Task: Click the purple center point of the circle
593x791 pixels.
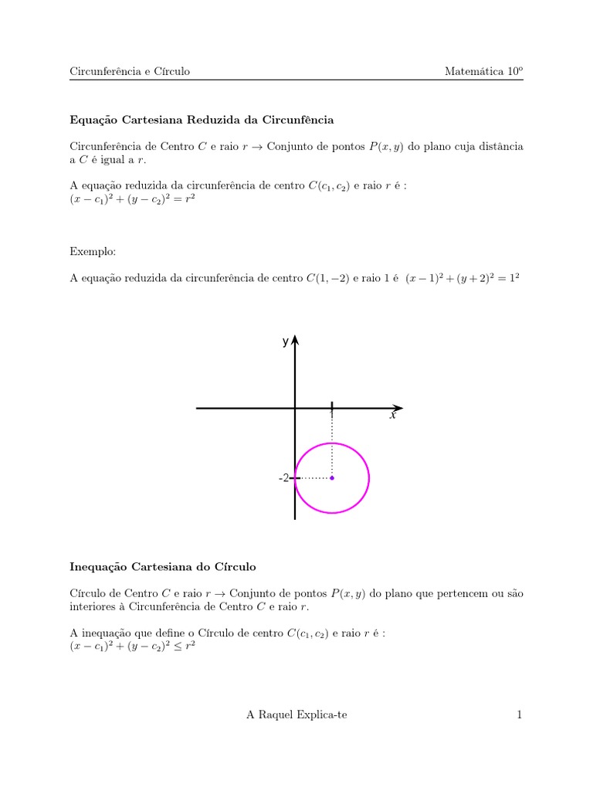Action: click(332, 478)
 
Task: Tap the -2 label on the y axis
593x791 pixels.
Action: click(283, 478)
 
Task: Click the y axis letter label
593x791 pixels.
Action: click(285, 341)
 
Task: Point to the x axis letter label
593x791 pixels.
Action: click(392, 416)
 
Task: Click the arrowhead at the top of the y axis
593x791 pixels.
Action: click(295, 341)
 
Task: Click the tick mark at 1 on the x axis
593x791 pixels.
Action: click(332, 407)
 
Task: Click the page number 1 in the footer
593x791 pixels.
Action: click(520, 715)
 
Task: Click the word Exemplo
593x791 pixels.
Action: click(93, 252)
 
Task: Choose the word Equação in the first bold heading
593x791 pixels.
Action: click(93, 121)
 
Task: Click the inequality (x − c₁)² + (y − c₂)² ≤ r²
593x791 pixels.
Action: click(133, 647)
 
